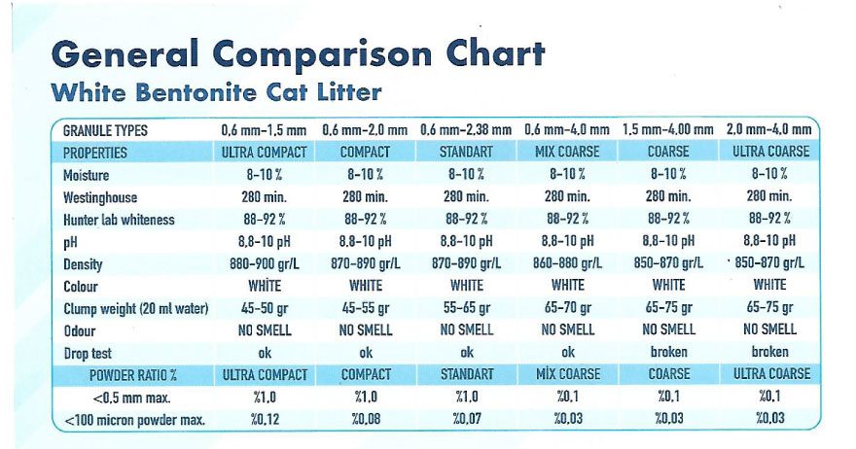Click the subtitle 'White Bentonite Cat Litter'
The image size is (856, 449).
point(215,93)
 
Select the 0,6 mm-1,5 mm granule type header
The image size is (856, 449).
point(264,129)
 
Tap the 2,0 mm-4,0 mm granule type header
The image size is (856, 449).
point(769,129)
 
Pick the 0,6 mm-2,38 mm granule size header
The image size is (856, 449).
point(466,129)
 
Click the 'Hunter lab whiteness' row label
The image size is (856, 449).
point(119,220)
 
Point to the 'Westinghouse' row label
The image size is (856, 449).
point(99,197)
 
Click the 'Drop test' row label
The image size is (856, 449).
point(89,352)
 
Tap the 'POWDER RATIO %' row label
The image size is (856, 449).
point(133,374)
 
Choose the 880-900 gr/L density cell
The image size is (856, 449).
point(265,263)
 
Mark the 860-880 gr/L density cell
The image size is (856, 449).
point(567,263)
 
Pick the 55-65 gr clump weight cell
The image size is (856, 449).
point(466,308)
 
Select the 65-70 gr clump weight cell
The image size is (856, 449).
point(567,308)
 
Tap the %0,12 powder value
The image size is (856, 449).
point(265,419)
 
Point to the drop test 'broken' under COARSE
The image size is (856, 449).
point(668,352)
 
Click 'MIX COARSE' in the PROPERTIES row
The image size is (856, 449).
point(567,153)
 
